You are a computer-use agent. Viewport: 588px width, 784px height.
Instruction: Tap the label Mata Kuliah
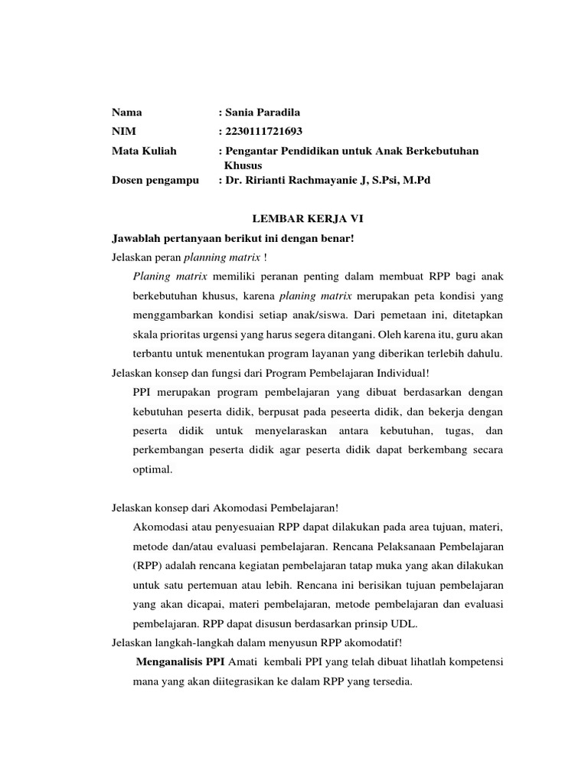pyautogui.click(x=144, y=151)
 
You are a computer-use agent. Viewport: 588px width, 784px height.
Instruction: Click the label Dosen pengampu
pyautogui.click(x=155, y=180)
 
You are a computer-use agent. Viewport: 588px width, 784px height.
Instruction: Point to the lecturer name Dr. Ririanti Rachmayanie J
pyautogui.click(x=301, y=180)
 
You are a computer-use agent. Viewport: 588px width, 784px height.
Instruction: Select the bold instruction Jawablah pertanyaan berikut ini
pyautogui.click(x=234, y=238)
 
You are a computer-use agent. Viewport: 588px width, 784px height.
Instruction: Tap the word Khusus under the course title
pyautogui.click(x=243, y=165)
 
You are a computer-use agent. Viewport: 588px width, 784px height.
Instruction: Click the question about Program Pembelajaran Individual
pyautogui.click(x=271, y=373)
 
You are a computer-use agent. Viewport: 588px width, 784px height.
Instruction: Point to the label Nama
pyautogui.click(x=127, y=112)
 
